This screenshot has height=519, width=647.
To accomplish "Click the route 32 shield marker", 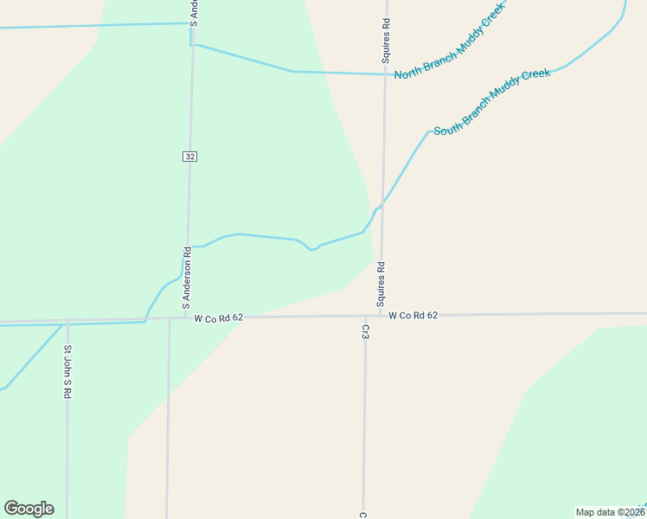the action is [x=190, y=157].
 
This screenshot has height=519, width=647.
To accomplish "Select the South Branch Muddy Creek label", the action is [x=491, y=101].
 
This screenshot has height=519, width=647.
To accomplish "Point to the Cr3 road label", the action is [x=365, y=331].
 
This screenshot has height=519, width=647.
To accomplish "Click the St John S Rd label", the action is [x=67, y=371].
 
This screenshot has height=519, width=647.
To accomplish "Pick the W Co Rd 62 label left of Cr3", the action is [x=218, y=318].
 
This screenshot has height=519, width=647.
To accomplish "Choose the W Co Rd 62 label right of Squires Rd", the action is [x=413, y=316].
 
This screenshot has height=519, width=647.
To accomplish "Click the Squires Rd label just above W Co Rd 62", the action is [x=380, y=285].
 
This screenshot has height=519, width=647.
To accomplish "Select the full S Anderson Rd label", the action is [x=186, y=279].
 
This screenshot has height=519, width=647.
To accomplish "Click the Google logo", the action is [x=29, y=509].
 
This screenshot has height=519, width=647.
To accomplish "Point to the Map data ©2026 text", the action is [x=610, y=512].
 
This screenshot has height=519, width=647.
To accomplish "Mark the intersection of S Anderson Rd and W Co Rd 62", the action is [x=185, y=317].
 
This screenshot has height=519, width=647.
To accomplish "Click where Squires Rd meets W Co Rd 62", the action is [x=379, y=316].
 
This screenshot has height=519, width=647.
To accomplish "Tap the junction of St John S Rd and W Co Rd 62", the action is [x=67, y=322].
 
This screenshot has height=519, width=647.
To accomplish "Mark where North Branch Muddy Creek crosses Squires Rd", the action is [x=385, y=74].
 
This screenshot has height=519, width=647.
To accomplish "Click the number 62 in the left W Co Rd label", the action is [x=237, y=318].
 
